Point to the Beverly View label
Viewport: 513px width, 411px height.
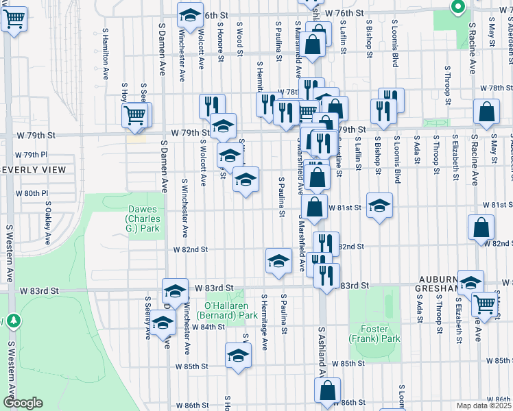coord(33,170)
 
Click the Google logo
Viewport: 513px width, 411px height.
coord(23,403)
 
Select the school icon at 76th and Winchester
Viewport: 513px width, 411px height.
coord(190,14)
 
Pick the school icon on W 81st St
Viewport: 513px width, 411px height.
coord(379,206)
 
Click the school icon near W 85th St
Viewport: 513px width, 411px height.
coord(238,355)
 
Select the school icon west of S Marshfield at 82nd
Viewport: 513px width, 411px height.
coord(278,260)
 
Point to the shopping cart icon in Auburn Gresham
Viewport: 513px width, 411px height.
coord(485,303)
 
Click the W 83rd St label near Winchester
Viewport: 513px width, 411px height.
coord(214,288)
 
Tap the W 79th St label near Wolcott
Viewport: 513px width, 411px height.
coord(190,132)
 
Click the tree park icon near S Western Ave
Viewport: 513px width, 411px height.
coord(13,320)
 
